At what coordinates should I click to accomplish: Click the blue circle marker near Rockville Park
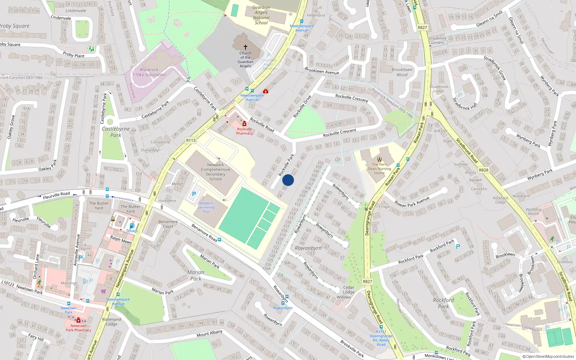[288, 180]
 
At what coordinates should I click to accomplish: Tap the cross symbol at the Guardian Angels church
[246, 47]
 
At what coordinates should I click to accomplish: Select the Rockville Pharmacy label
[244, 131]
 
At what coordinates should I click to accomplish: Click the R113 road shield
[191, 140]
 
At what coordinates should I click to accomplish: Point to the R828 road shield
[483, 170]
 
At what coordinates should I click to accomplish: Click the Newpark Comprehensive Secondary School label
[215, 172]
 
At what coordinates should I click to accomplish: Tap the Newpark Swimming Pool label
[206, 207]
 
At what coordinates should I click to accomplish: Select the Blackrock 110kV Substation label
[149, 72]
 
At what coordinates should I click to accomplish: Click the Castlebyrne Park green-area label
[116, 132]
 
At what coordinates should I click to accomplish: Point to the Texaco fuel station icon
[132, 226]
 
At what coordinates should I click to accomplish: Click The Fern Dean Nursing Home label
[379, 168]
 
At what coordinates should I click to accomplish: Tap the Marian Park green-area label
[196, 275]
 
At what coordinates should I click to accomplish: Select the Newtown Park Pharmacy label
[78, 328]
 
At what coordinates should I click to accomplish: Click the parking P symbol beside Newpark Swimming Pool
[194, 194]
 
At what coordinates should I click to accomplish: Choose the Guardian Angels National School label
[261, 15]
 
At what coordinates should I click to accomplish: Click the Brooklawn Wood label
[402, 72]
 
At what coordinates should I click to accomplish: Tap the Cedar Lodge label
[348, 290]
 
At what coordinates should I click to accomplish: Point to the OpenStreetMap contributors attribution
[548, 356]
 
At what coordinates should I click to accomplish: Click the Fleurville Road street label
[57, 195]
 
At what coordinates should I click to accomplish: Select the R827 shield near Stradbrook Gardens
[422, 27]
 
